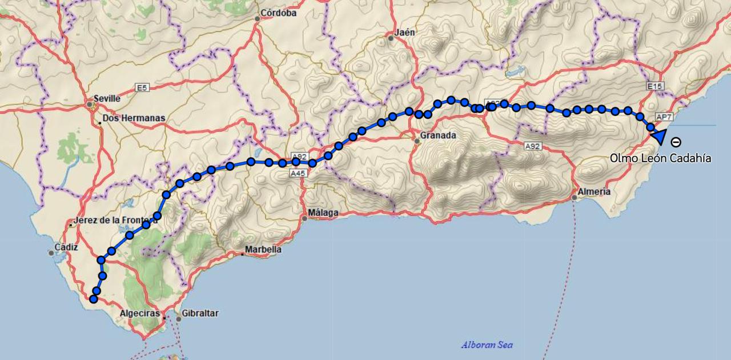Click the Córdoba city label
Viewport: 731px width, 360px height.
click(x=278, y=13)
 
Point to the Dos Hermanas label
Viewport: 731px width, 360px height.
click(x=134, y=118)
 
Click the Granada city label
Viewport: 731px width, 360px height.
click(x=438, y=136)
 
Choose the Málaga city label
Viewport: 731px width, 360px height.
click(x=323, y=213)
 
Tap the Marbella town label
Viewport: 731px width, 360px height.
click(x=263, y=250)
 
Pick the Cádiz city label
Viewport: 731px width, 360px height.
click(x=66, y=247)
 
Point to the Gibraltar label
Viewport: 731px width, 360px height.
click(x=200, y=313)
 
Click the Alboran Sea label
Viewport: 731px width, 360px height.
click(x=487, y=345)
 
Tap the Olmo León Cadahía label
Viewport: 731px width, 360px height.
click(x=660, y=158)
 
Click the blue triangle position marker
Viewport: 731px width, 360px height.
click(x=659, y=137)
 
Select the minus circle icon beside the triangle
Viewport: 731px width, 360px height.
click(x=676, y=142)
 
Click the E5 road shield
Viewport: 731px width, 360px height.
click(x=142, y=87)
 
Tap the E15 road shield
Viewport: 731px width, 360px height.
click(x=655, y=86)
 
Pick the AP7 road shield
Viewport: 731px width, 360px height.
click(x=664, y=117)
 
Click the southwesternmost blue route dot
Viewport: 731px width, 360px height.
click(x=94, y=298)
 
